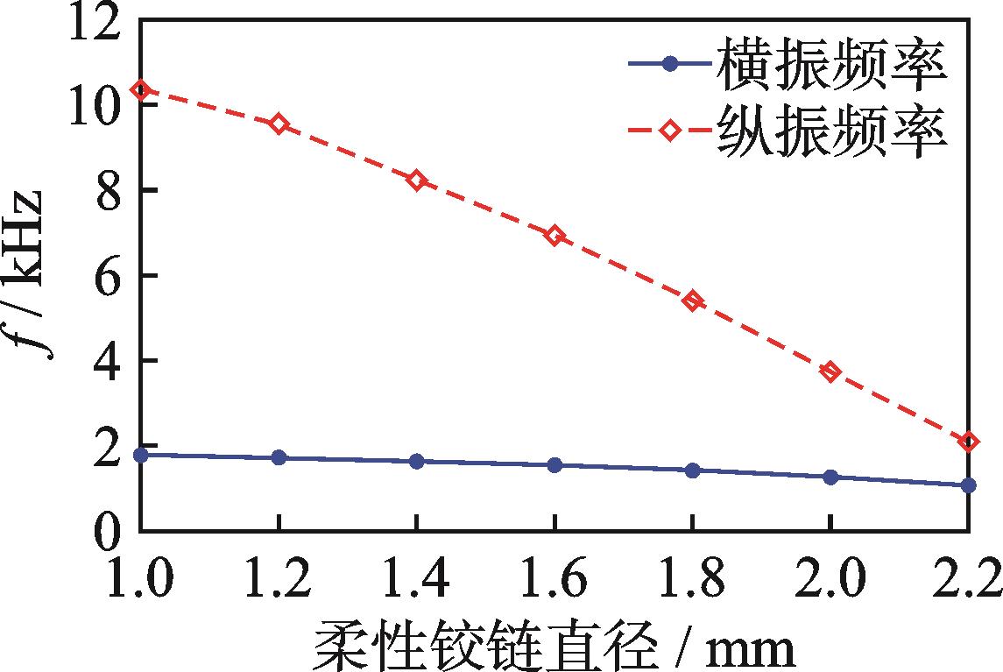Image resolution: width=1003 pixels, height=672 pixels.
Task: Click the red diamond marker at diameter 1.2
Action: [x=279, y=124]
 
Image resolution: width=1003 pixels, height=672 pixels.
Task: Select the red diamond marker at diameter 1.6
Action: [x=554, y=235]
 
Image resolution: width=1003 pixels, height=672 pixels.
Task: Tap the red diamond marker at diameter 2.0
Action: [x=830, y=371]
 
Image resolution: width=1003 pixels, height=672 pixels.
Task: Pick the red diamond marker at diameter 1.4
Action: [x=417, y=180]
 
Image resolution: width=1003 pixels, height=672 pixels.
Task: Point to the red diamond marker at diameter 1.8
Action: [x=693, y=301]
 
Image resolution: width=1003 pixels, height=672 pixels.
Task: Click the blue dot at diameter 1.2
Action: [x=279, y=457]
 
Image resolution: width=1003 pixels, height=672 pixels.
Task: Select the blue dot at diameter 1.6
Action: [x=554, y=465]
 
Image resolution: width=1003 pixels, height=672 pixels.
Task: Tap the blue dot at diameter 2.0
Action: [x=830, y=477]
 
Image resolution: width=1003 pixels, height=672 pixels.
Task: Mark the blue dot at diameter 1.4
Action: [x=417, y=461]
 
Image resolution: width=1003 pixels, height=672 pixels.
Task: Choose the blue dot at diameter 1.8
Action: [x=693, y=470]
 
